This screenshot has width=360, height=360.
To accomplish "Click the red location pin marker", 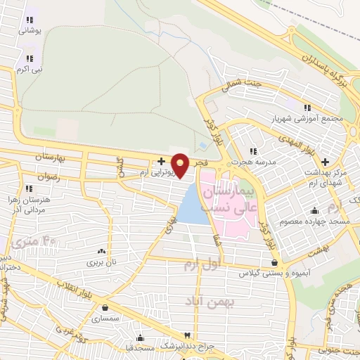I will point(181,165).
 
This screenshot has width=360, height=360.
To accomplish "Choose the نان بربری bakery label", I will point(100,262).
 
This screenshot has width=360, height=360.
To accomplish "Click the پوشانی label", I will point(30,32).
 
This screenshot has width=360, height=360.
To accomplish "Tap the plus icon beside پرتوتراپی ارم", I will point(161,161).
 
